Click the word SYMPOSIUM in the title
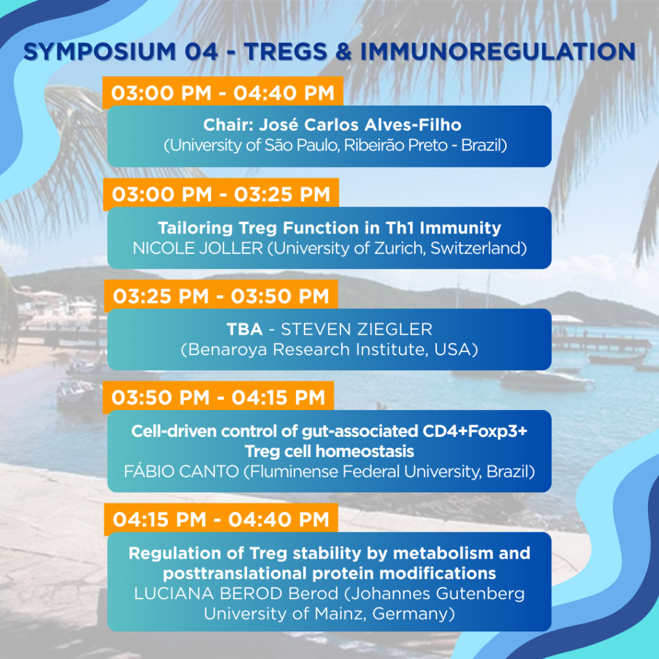tap(100, 51)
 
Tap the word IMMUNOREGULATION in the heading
tap(498, 51)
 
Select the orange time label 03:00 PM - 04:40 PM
tap(223, 93)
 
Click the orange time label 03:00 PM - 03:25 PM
tap(221, 194)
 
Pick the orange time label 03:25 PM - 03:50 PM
tap(221, 296)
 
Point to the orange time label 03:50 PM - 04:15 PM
tap(219, 397)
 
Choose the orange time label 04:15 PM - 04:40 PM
tap(221, 519)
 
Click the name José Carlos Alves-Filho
tap(360, 125)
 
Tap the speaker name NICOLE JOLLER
tap(198, 248)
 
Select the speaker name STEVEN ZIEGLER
tap(357, 329)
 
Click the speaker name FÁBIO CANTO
tap(181, 472)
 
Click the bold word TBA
tap(245, 329)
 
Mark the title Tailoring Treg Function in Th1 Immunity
tap(329, 228)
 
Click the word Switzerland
tap(476, 248)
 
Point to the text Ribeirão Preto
tap(396, 145)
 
